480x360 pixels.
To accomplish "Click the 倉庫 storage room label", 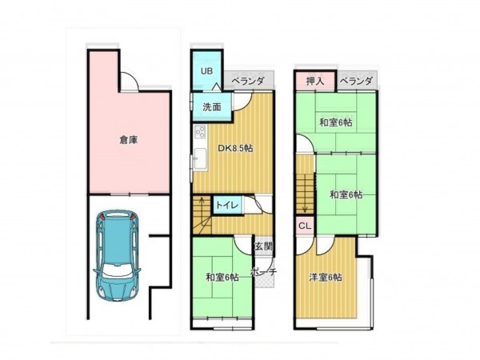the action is (129, 140).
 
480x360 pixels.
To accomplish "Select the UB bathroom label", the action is (206, 71).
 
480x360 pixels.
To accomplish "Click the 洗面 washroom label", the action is (212, 107).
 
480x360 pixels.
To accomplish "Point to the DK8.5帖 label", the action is (235, 149).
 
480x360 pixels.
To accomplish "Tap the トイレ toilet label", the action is (227, 205).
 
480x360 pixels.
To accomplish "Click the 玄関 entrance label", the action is (264, 246).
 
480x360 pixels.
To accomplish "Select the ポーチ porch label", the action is (264, 272).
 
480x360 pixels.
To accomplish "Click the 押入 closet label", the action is (315, 81).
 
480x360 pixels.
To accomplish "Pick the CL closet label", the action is (305, 226).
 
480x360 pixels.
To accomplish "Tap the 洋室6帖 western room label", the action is (326, 278).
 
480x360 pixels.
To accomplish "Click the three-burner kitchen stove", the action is (200, 132).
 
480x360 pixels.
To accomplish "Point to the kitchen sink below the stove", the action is (200, 158).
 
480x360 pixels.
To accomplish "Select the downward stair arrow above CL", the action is (305, 202).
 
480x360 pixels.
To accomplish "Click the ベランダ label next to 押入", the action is (357, 81).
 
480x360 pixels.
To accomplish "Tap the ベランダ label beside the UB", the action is (248, 81).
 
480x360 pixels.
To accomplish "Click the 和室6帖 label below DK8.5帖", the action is (222, 278).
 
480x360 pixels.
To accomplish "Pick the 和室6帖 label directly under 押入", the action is (336, 122).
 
